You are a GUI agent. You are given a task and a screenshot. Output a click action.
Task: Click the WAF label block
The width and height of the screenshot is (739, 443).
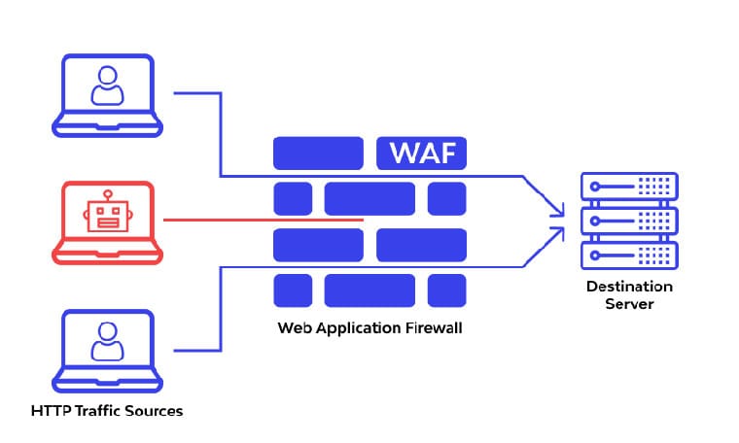tap(421, 153)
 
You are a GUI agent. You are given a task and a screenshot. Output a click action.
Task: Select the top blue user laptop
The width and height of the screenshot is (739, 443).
tap(107, 94)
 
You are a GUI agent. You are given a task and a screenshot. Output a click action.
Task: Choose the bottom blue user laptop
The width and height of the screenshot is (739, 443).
tap(107, 351)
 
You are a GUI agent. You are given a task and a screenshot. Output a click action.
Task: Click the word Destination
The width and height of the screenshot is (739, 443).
tap(629, 287)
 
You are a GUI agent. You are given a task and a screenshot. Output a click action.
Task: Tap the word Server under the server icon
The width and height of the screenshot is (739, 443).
tap(629, 304)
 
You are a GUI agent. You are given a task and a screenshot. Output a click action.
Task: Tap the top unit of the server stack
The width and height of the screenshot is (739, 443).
tap(629, 186)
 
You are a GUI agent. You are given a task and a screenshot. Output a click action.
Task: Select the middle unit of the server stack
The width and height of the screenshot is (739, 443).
tap(629, 221)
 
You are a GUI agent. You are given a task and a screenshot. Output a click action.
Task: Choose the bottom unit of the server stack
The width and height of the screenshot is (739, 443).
tap(629, 255)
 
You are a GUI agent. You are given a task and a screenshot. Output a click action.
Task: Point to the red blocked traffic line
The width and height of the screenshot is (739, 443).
tap(263, 221)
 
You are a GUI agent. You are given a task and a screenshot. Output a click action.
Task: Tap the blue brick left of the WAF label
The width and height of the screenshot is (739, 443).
tap(317, 153)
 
